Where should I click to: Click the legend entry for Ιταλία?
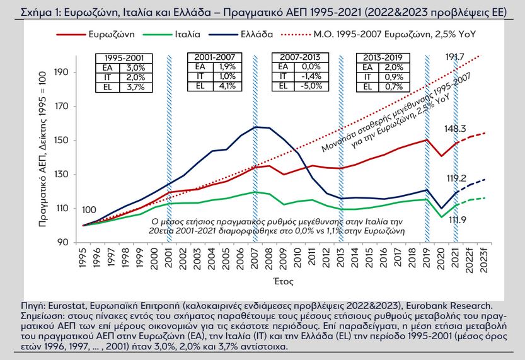point(182,33)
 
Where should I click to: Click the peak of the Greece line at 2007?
point(255,127)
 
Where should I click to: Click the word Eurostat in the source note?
point(51,306)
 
